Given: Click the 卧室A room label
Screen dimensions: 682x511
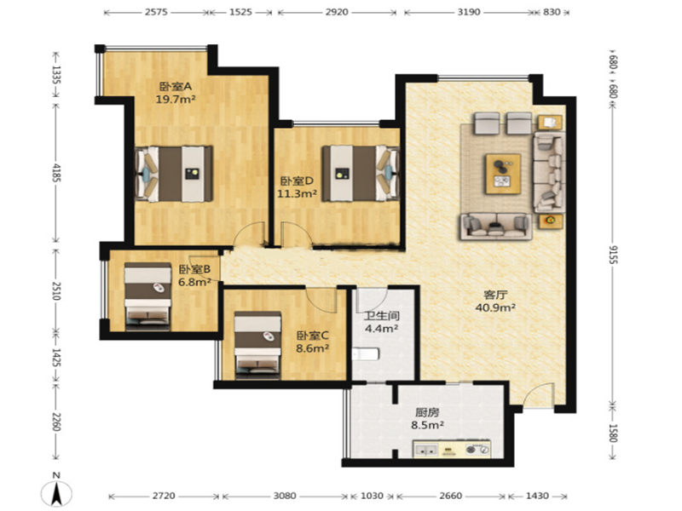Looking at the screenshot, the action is click(x=176, y=87).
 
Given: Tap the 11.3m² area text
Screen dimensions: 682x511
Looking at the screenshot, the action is click(x=297, y=194).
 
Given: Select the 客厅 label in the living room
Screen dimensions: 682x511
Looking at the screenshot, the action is click(x=495, y=295).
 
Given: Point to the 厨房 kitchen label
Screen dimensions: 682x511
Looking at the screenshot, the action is click(x=427, y=412).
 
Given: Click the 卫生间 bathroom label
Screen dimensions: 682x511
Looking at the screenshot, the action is click(x=382, y=316).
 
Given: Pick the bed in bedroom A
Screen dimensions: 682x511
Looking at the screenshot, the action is click(x=174, y=174).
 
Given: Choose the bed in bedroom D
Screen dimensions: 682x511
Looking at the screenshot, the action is click(x=361, y=174).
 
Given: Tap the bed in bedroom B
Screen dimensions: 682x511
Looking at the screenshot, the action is click(x=147, y=294).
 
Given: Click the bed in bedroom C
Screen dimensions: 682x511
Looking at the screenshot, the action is click(x=257, y=343).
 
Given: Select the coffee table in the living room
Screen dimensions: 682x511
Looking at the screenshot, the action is click(x=503, y=174).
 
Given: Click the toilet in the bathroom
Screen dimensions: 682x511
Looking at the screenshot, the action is click(x=366, y=354).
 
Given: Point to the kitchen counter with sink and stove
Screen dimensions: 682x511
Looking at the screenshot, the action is click(x=452, y=450).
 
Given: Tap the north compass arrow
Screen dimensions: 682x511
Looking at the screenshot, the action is click(x=56, y=495).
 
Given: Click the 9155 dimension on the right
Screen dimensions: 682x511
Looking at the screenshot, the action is click(x=612, y=255).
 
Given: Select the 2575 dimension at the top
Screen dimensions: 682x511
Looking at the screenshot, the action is click(x=156, y=12).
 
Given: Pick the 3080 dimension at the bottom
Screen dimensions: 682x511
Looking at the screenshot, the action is click(x=285, y=496).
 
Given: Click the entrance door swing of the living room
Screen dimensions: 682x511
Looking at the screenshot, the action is click(x=538, y=394).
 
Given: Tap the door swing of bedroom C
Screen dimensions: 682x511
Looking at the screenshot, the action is click(x=321, y=300).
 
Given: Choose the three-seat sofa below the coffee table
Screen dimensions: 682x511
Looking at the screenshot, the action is click(x=496, y=227).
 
